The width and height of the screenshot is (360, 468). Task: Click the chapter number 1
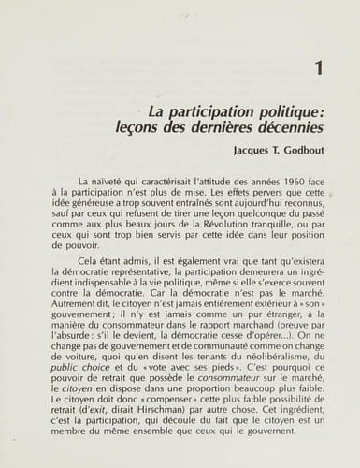tap(322, 68)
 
